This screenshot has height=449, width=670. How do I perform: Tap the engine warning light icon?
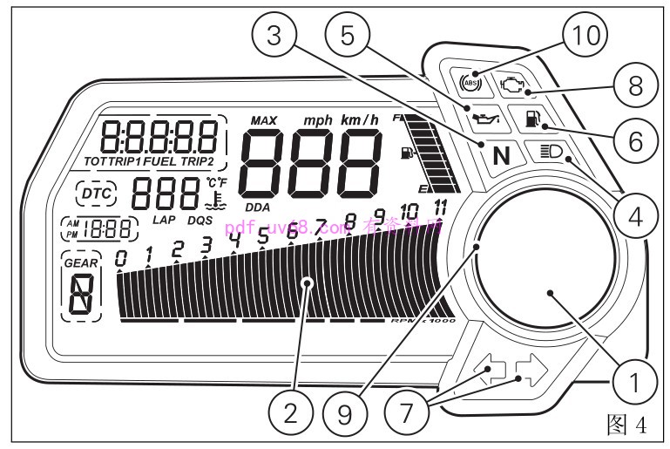[512, 83]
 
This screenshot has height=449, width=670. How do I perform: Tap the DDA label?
[257, 207]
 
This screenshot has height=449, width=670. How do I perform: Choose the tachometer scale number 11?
[440, 207]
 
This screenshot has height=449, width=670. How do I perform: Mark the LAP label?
[164, 220]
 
